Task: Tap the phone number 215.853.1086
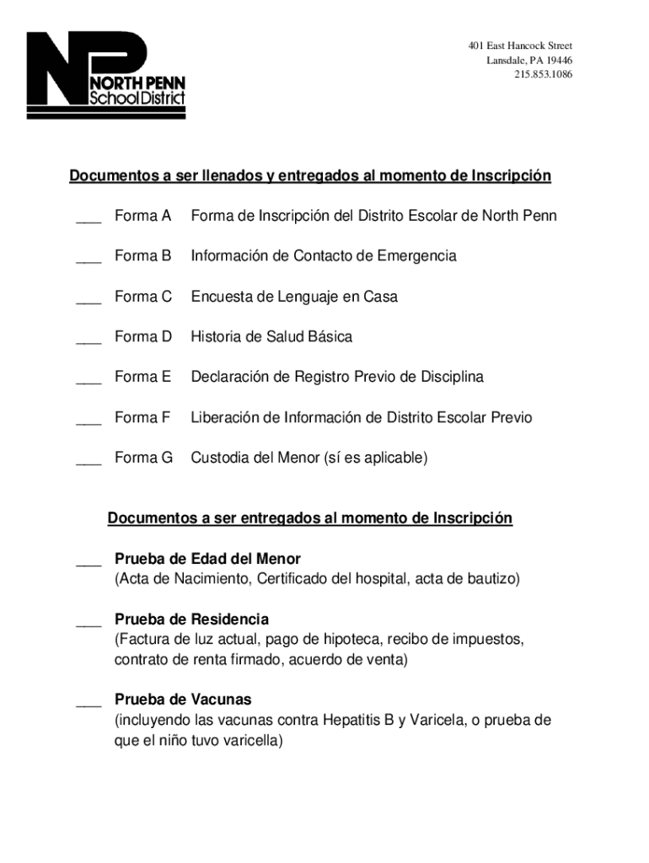[x=543, y=75]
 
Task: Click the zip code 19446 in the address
[x=558, y=60]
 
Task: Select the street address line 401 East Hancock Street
[x=520, y=46]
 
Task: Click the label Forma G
[x=143, y=458]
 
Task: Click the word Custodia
[x=219, y=458]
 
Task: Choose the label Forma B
[x=143, y=256]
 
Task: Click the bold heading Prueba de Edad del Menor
[x=207, y=559]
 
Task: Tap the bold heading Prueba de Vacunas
[x=183, y=700]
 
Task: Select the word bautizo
[x=491, y=579]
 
